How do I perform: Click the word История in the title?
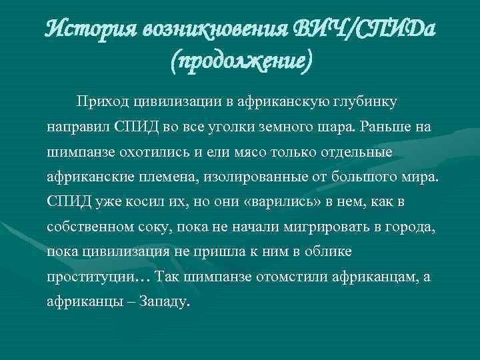coord(91,28)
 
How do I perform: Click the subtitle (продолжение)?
coord(240,63)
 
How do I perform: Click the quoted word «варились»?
coord(279,201)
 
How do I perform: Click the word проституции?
coord(89,277)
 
